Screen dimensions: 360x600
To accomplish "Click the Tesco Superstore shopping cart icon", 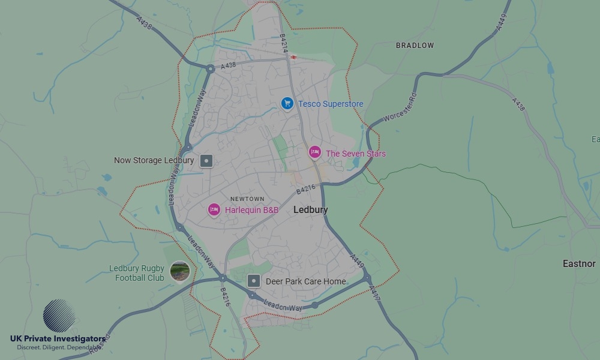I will (287, 104).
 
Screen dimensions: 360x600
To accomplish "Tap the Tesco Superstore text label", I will (331, 104).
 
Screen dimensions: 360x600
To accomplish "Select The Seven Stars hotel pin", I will (315, 152).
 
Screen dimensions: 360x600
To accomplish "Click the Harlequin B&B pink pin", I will (214, 209).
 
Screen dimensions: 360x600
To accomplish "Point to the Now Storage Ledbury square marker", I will (206, 161).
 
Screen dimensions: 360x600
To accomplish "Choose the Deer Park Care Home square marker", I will (254, 281).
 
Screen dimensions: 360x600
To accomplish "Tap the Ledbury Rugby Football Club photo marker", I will (179, 272).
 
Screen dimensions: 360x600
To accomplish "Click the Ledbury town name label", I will (311, 210).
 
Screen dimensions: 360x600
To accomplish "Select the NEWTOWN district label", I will (247, 199).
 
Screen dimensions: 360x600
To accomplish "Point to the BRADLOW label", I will (415, 46).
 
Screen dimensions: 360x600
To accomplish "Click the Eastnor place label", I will (579, 263).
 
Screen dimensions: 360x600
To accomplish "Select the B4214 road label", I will (284, 43).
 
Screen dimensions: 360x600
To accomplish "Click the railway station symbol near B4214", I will (293, 58).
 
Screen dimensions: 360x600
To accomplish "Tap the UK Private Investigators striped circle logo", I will (59, 316).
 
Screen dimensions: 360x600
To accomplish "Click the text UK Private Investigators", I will (58, 339).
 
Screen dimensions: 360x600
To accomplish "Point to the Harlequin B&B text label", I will (251, 210).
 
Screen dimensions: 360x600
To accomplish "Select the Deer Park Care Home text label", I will (305, 281).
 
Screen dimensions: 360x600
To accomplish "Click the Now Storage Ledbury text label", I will (154, 161).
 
